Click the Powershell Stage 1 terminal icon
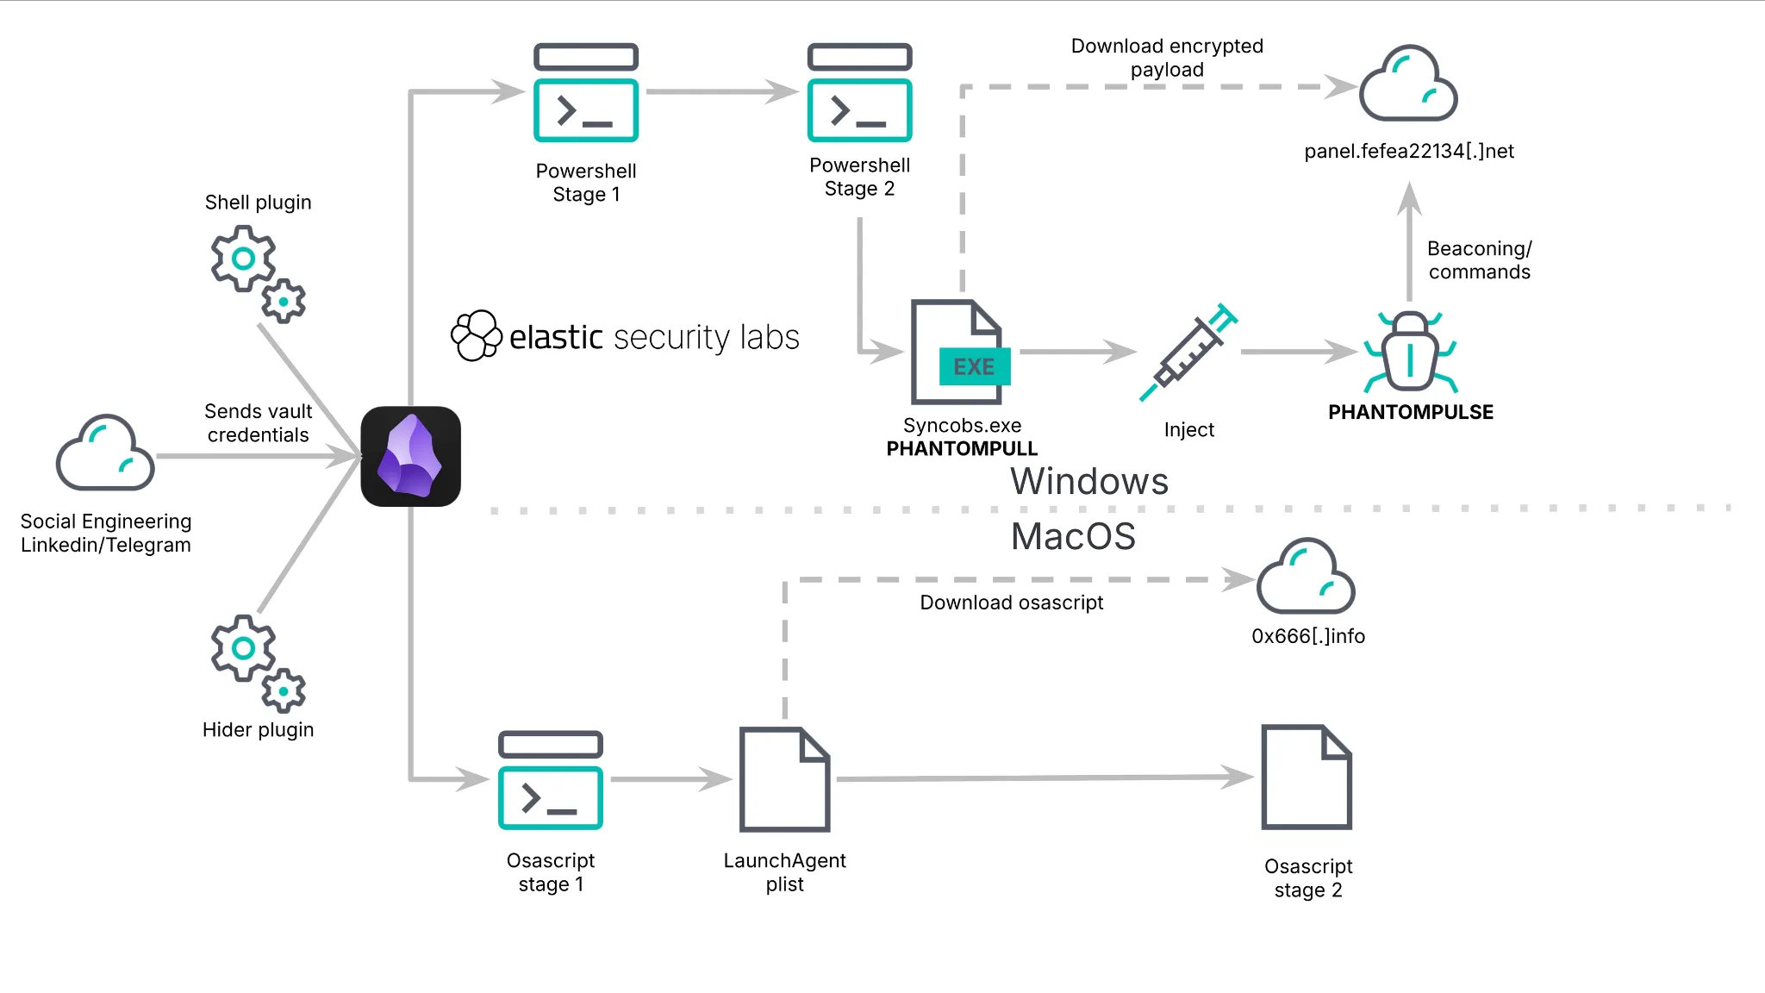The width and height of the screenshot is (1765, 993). pyautogui.click(x=586, y=93)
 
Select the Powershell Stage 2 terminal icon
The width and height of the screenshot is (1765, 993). pyautogui.click(x=859, y=92)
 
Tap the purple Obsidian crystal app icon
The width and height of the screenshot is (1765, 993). pyautogui.click(x=410, y=456)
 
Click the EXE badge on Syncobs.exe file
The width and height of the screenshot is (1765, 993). pyautogui.click(x=974, y=366)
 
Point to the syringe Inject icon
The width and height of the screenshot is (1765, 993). pyautogui.click(x=1188, y=353)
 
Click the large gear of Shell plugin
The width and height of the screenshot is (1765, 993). pyautogui.click(x=243, y=258)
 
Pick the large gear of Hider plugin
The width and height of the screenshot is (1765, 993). pyautogui.click(x=243, y=647)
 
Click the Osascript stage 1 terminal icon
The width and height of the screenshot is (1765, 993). pyautogui.click(x=551, y=780)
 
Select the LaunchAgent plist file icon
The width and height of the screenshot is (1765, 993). pyautogui.click(x=784, y=779)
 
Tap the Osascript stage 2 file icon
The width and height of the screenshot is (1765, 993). pyautogui.click(x=1307, y=777)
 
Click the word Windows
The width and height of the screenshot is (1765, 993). pyautogui.click(x=1089, y=481)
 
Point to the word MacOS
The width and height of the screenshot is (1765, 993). pyautogui.click(x=1073, y=536)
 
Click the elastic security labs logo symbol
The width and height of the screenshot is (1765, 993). pyautogui.click(x=477, y=335)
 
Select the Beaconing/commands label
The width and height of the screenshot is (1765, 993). pyautogui.click(x=1479, y=260)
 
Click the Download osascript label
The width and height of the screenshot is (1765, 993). pyautogui.click(x=1011, y=603)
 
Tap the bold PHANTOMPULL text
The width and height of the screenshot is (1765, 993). pyautogui.click(x=962, y=448)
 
